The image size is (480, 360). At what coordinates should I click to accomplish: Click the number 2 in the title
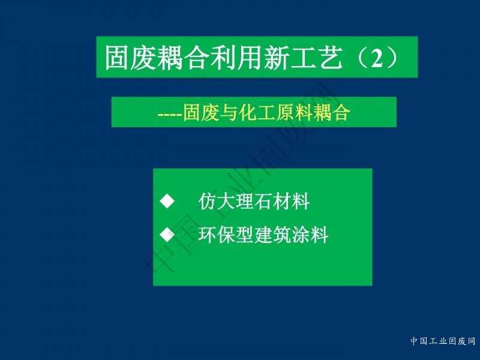[377, 58]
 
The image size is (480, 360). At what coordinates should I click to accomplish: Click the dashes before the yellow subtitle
[170, 115]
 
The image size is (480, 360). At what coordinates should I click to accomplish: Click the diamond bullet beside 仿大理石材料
[167, 201]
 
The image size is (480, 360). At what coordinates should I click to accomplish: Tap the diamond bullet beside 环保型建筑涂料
[167, 235]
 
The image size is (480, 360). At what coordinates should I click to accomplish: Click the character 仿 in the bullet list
[208, 202]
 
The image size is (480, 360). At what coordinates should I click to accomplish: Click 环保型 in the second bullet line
[226, 235]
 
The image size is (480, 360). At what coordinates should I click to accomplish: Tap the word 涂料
[310, 235]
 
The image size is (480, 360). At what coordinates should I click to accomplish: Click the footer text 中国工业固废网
[443, 341]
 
